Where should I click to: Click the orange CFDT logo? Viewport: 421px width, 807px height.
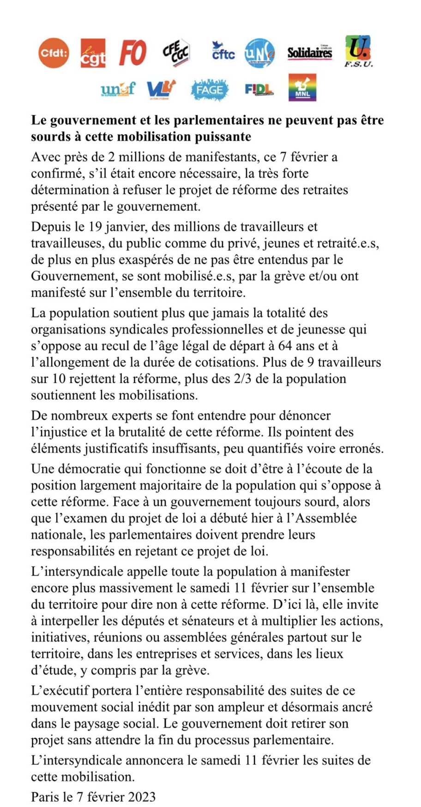tap(54, 53)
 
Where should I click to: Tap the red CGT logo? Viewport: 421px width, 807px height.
tap(93, 53)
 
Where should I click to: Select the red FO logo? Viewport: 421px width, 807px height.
tap(133, 53)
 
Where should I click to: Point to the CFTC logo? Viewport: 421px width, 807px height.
tap(223, 52)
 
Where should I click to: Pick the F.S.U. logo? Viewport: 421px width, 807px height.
tap(358, 51)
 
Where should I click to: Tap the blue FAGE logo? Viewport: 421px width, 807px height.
tap(210, 90)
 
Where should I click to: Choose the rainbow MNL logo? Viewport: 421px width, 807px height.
tap(302, 88)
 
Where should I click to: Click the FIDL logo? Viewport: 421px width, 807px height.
tap(259, 89)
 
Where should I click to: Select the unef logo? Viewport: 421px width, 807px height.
tap(118, 89)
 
